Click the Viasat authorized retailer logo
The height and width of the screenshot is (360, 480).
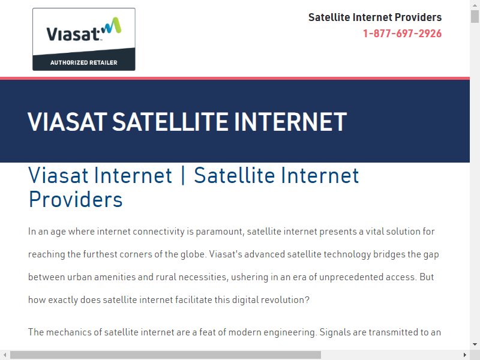[x=84, y=39]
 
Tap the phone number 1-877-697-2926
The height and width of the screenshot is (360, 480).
[x=402, y=34]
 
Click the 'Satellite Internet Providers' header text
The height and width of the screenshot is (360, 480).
[x=375, y=17]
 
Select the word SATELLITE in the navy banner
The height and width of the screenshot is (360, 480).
[x=170, y=122]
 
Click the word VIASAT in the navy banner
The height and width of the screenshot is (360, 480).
[x=68, y=122]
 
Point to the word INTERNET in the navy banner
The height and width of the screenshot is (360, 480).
[x=290, y=122]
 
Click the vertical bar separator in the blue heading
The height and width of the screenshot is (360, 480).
[x=183, y=176]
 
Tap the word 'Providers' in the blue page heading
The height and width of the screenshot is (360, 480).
[x=76, y=200]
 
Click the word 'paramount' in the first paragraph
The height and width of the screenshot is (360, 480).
[x=220, y=232]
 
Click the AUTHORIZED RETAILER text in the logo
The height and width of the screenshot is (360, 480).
[x=84, y=63]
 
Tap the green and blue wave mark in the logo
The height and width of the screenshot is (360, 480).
[x=111, y=25]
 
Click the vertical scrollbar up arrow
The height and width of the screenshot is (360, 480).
[x=475, y=5]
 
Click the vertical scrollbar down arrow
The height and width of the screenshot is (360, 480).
[x=475, y=344]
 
